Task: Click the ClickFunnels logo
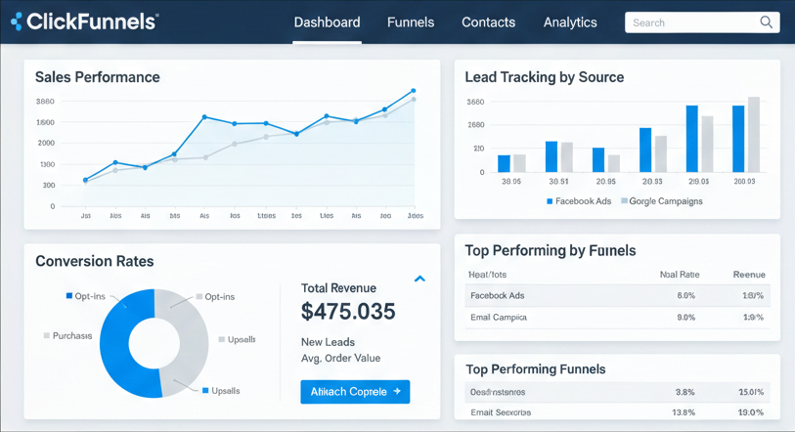point(84,22)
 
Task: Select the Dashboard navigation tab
point(327,22)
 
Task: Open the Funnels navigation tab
point(411,22)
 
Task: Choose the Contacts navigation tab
point(488,22)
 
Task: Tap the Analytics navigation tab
point(570,22)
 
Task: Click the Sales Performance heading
point(97,77)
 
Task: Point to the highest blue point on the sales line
point(414,90)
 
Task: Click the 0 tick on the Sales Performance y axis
point(52,206)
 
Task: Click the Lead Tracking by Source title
point(544,77)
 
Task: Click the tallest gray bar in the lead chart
point(754,135)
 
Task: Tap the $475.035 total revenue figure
point(348,312)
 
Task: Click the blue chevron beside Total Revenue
point(420,280)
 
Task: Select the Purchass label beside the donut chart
point(72,335)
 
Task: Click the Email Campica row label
point(498,317)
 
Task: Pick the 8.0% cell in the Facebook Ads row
point(685,295)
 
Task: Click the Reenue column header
point(749,275)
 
